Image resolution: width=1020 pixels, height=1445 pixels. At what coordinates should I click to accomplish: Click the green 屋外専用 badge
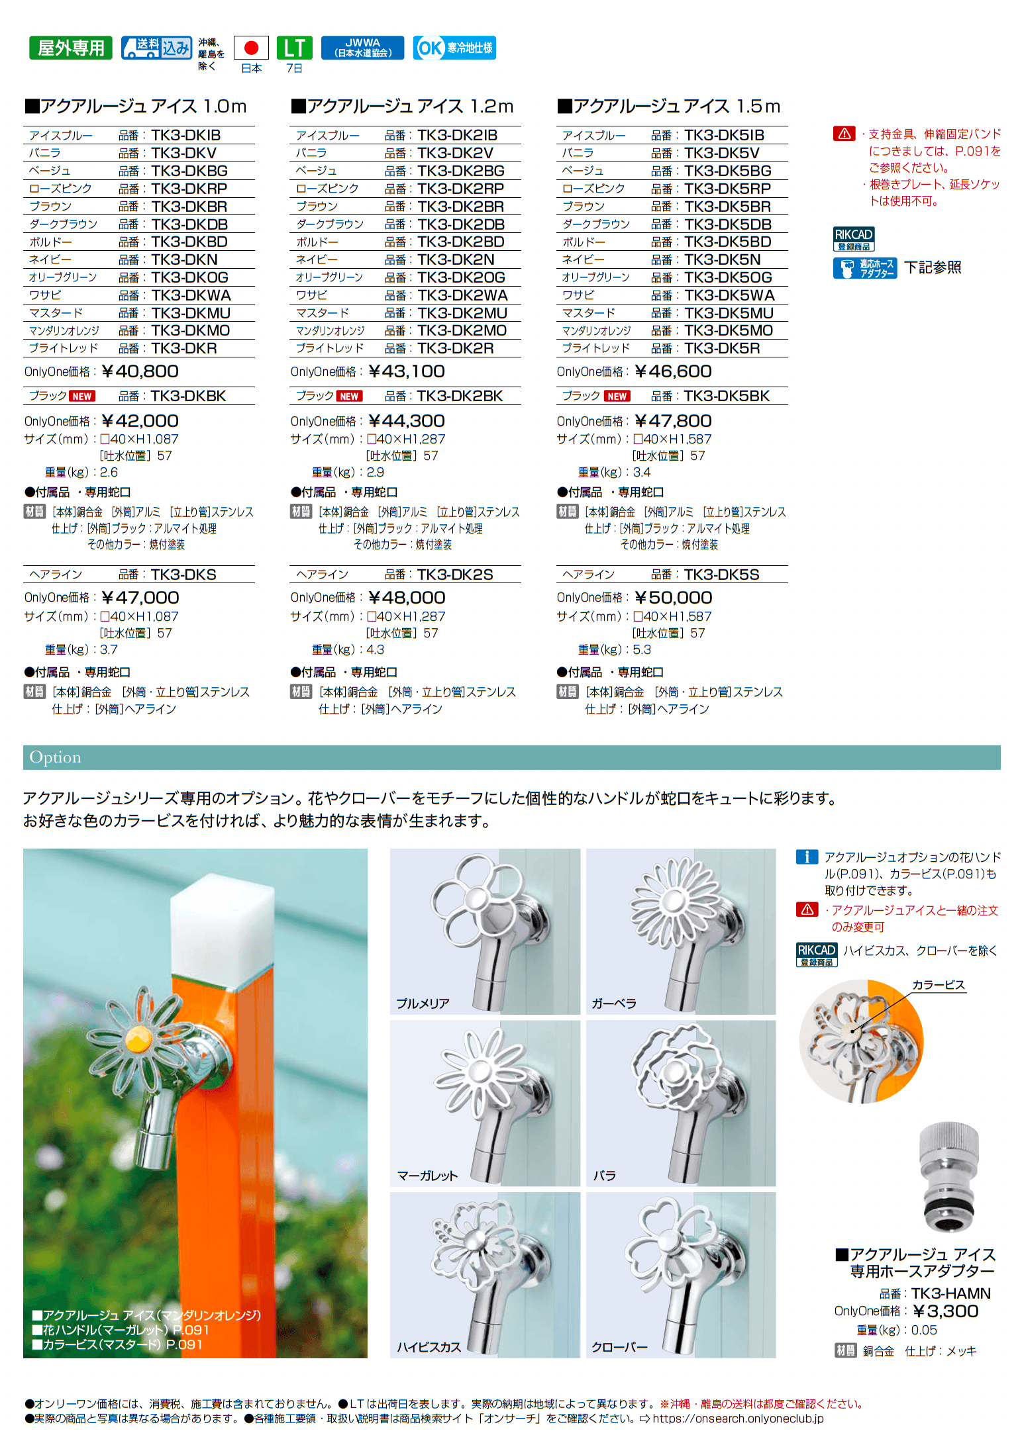click(71, 48)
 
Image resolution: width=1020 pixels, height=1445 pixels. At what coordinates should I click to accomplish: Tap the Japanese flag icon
click(251, 48)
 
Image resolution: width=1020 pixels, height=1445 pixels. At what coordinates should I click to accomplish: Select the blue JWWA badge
click(362, 48)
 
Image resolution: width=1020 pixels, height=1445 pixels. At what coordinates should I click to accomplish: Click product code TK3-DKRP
click(189, 189)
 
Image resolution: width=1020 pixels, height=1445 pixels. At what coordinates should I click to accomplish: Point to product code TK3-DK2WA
click(462, 295)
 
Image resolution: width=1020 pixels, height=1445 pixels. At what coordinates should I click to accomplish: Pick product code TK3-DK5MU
click(729, 313)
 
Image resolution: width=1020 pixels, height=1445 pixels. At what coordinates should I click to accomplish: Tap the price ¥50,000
click(674, 598)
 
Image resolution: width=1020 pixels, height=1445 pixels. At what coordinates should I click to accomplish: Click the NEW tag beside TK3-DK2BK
click(349, 396)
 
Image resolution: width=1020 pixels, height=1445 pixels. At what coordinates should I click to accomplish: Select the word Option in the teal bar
click(56, 757)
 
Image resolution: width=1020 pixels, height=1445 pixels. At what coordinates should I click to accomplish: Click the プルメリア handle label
click(423, 1003)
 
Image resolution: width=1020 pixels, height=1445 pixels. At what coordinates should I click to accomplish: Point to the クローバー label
click(619, 1347)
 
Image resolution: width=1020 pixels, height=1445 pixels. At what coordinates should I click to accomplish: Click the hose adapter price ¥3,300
click(945, 1311)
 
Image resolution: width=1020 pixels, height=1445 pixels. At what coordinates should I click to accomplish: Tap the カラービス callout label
click(939, 985)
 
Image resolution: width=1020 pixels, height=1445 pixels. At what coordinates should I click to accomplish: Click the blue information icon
click(807, 857)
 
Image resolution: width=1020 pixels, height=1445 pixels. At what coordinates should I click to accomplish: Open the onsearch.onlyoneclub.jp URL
click(738, 1419)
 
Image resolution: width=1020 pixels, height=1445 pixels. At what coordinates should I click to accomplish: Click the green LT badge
click(294, 48)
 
